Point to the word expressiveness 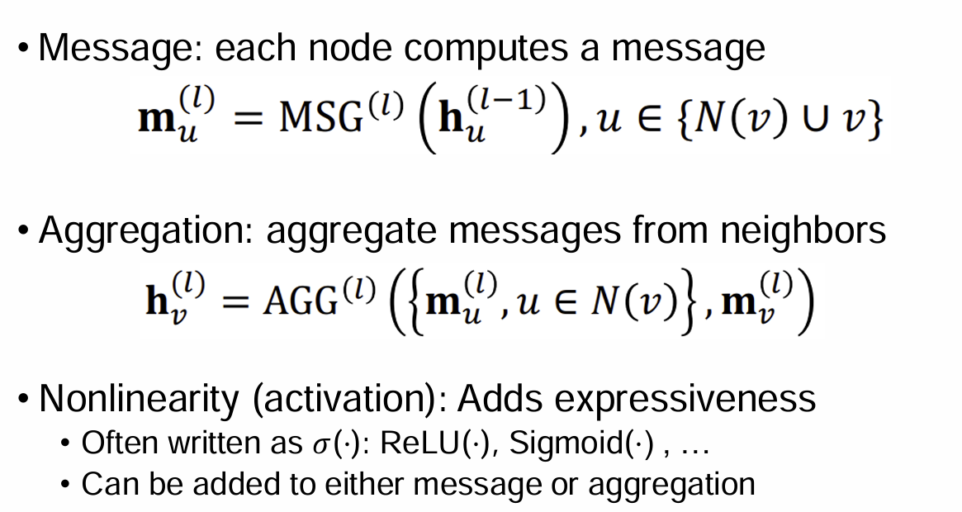685,400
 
